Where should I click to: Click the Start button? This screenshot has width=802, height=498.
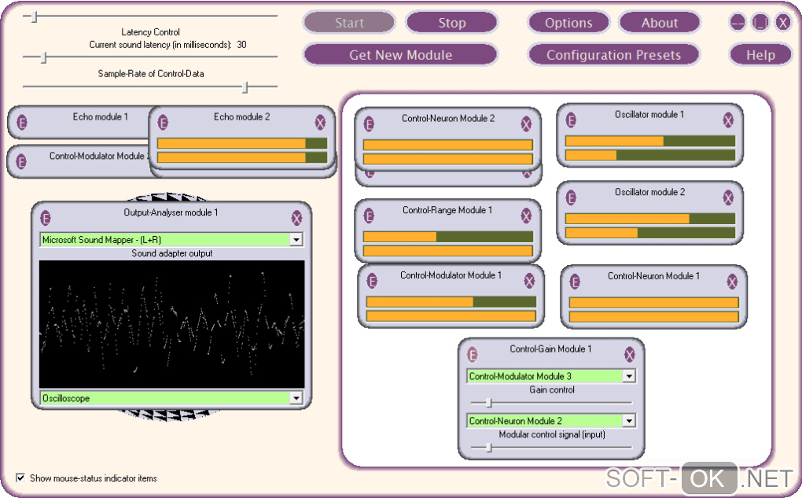[x=349, y=23]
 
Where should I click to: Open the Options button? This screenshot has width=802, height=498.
[x=568, y=23]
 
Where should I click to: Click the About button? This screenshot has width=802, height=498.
[x=659, y=23]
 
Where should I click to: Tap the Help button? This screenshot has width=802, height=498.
[x=760, y=55]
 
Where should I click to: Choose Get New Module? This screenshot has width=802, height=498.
[x=400, y=55]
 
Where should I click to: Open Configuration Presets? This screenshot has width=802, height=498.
[x=613, y=55]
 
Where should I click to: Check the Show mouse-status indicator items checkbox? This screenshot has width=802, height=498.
[x=20, y=478]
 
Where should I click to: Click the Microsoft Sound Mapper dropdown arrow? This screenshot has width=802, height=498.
[x=296, y=239]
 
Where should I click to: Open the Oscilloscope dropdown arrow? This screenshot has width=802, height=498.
[x=296, y=398]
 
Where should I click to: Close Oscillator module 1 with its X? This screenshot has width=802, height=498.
[x=728, y=120]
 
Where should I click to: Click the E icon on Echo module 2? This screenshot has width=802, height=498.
[x=163, y=122]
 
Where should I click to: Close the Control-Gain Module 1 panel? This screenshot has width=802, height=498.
[x=629, y=355]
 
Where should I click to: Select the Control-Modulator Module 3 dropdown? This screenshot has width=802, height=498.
[x=550, y=376]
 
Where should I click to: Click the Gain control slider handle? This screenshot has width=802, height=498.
[x=488, y=403]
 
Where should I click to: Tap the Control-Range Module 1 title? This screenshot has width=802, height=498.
[x=447, y=210]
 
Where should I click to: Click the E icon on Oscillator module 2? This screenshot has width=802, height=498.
[x=571, y=197]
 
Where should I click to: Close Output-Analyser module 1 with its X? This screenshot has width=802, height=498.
[x=296, y=218]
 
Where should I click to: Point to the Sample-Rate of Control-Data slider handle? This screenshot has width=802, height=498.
[x=245, y=87]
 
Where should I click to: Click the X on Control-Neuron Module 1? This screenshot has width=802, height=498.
[x=732, y=282]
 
